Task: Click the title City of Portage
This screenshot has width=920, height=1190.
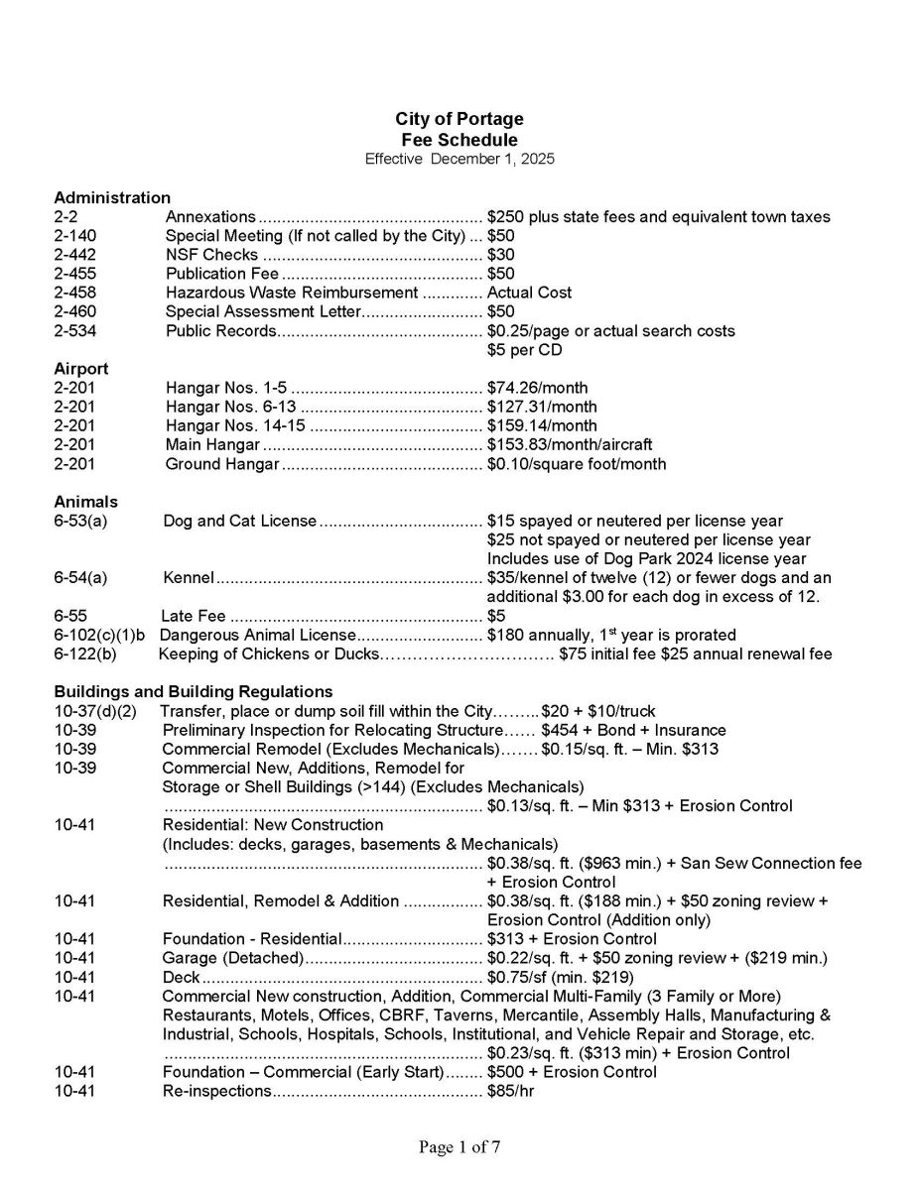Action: click(x=459, y=120)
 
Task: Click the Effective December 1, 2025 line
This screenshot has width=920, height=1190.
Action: click(x=459, y=159)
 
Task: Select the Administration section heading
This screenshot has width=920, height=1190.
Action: click(x=112, y=197)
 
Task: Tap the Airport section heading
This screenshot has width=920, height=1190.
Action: click(x=81, y=369)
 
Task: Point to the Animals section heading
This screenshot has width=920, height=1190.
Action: click(x=85, y=502)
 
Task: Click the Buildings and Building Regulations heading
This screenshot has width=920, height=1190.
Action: click(x=194, y=691)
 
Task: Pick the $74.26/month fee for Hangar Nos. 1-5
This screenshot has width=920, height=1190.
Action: click(x=537, y=388)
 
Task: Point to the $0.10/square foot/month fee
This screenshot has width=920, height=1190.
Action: click(x=577, y=464)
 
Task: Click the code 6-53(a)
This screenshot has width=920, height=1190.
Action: click(x=80, y=521)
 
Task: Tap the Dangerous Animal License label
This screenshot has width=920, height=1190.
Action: click(x=257, y=635)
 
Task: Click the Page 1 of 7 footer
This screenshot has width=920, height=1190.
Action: click(x=459, y=1148)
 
